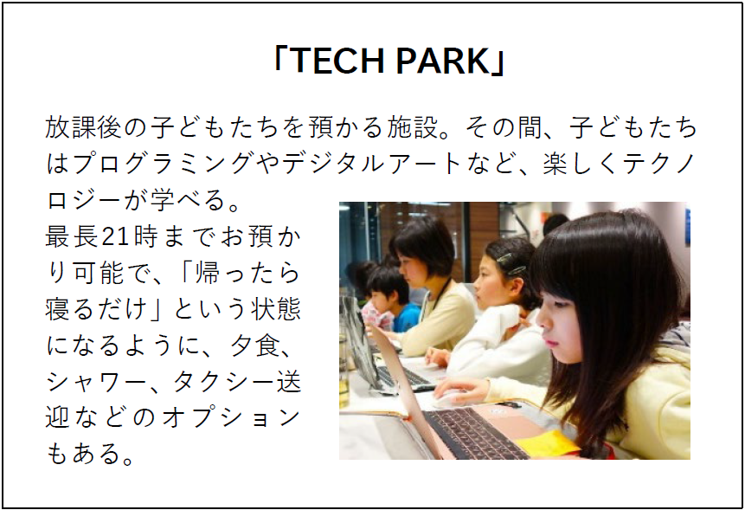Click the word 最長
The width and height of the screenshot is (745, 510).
click(72, 236)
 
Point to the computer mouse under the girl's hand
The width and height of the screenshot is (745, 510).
click(450, 400)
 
